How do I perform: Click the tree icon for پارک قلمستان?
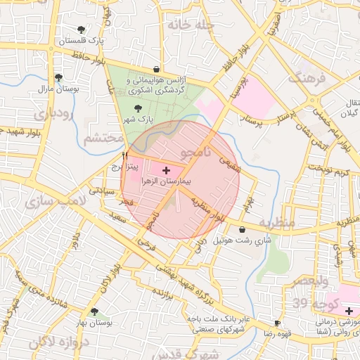tap(82, 30)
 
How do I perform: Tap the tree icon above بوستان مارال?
tap(58, 78)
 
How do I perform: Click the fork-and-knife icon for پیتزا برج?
tap(125, 155)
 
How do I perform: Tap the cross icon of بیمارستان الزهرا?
tap(166, 170)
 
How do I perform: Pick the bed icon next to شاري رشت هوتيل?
tap(243, 230)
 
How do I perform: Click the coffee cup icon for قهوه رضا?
tap(278, 323)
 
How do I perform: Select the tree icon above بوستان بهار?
tap(94, 311)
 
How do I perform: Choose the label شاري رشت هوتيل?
tap(221, 241)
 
